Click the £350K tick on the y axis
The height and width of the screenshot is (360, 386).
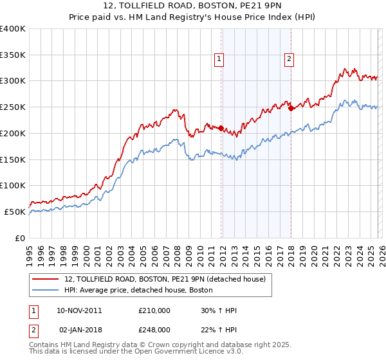[x=13, y=55]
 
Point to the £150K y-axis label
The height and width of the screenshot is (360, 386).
[x=13, y=159]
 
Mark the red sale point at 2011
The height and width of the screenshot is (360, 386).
[x=221, y=128]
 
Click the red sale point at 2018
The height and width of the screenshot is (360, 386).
[x=291, y=108]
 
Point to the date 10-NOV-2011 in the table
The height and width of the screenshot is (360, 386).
[x=79, y=310]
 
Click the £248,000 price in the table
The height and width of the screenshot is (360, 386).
[x=154, y=329]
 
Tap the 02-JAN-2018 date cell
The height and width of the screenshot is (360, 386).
[x=79, y=329]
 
